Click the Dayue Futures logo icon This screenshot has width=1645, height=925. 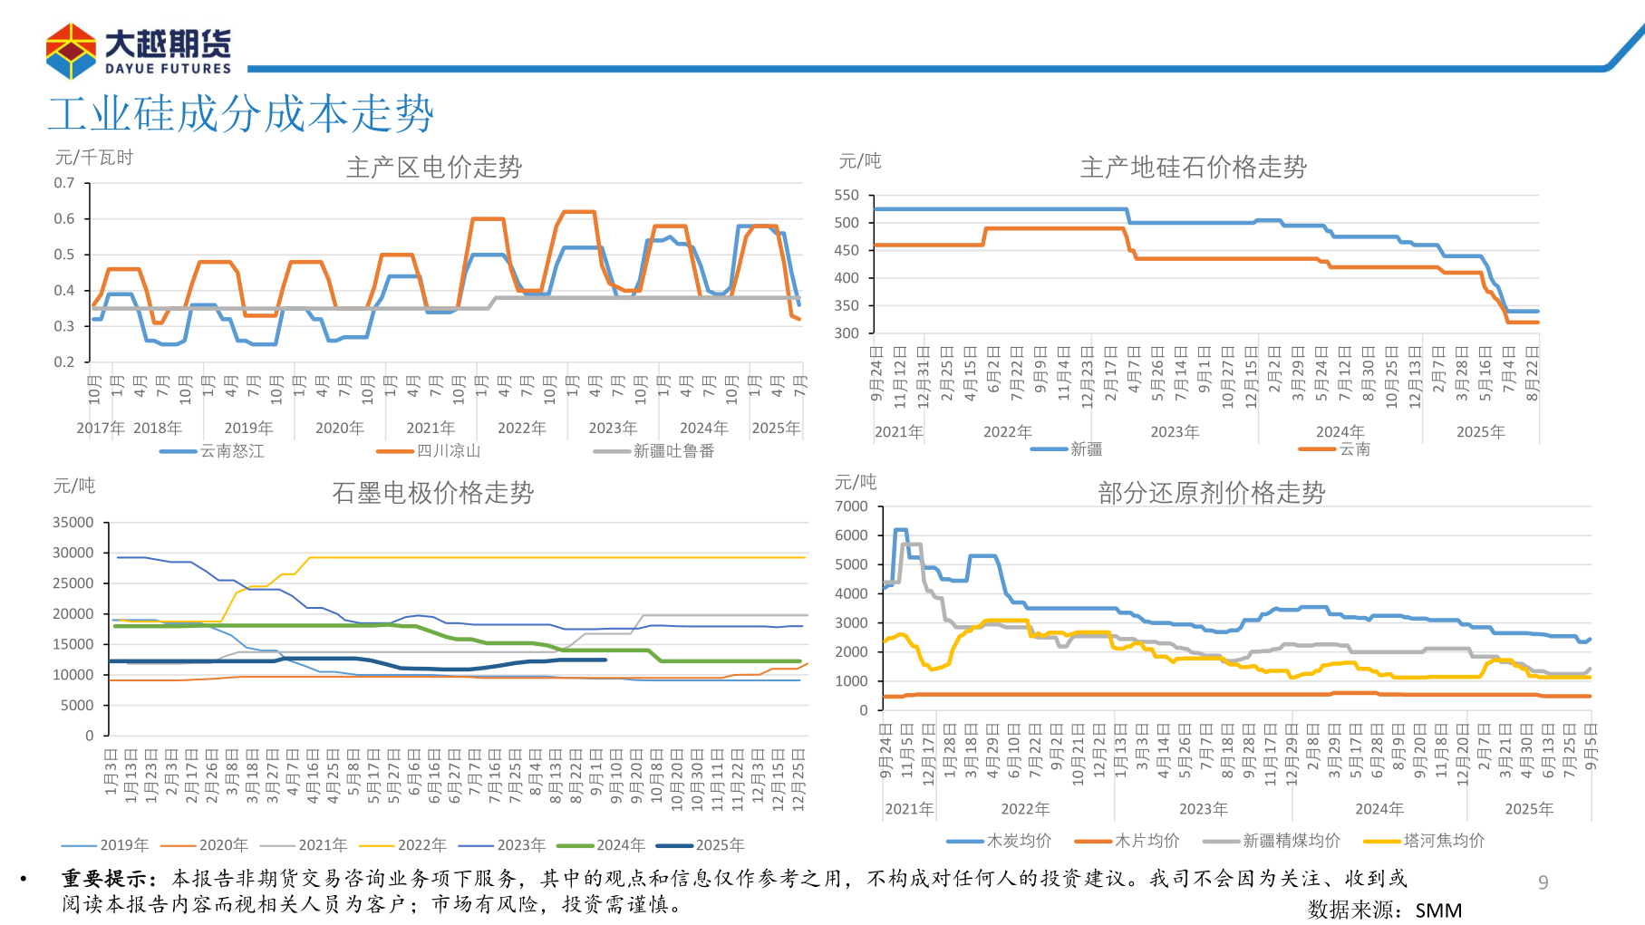point(71,52)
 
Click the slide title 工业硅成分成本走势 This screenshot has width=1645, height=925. point(241,114)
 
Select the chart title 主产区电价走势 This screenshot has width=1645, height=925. point(433,168)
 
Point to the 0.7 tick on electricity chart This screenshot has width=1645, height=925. point(64,183)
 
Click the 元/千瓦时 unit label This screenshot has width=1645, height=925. point(94,158)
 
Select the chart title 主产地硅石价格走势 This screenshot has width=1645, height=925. point(1193,168)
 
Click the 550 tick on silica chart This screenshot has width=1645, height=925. point(847,196)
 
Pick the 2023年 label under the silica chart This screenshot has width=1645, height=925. point(1175,432)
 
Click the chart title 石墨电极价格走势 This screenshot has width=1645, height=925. point(432,493)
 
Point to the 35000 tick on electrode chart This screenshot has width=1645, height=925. point(73,523)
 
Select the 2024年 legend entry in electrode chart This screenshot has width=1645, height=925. point(620,845)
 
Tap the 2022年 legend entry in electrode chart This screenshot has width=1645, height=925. point(421,845)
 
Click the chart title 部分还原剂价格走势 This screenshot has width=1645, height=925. point(1211,493)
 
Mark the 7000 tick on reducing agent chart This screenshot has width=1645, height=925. point(851,506)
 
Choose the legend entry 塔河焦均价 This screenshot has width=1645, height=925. point(1443,841)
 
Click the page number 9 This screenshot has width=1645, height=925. point(1543,882)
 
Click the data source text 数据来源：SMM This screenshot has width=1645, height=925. point(1384,911)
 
